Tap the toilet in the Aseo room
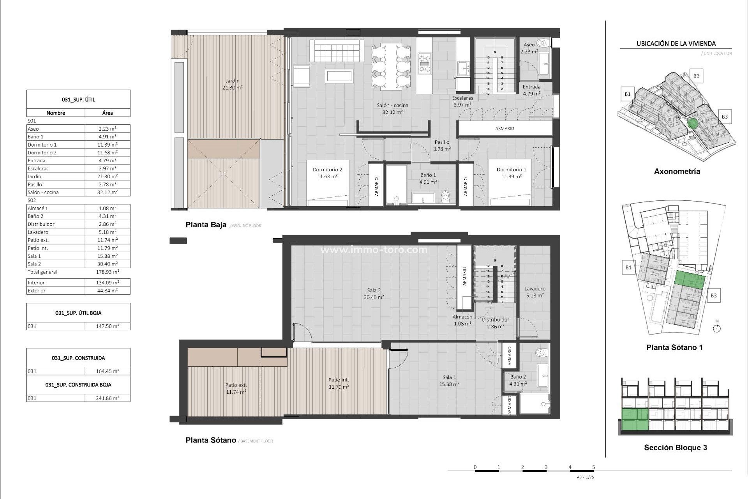[x=542, y=42]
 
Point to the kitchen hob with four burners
[x=425, y=64]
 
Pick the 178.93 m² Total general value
[x=108, y=272]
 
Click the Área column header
[x=108, y=113]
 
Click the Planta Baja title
[x=206, y=225]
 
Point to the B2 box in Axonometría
[x=696, y=76]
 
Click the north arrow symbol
[x=717, y=328]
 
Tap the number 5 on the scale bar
[x=594, y=467]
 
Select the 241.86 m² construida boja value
[x=108, y=398]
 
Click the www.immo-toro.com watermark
[x=374, y=250]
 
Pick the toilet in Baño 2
[x=541, y=353]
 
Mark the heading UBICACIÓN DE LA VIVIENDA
[x=676, y=44]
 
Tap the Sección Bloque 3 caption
[x=676, y=448]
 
